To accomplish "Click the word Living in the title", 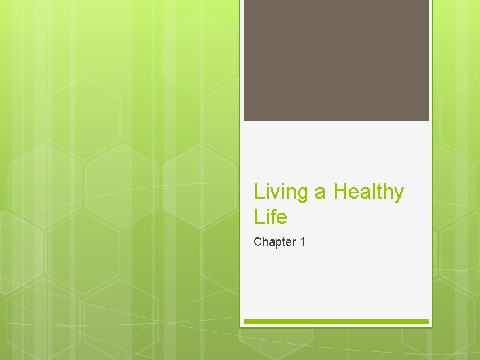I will coord(281,193).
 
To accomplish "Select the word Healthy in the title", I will coord(369,193).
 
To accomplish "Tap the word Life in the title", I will coord(270,217).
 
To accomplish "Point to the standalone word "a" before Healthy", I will coord(321,193).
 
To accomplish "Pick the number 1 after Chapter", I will coord(303,242).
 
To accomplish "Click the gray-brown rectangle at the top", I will coord(336,60).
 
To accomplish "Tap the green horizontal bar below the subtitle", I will coord(336,321).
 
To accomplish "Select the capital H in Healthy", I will coord(340,192).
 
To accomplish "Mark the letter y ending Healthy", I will coord(399,195).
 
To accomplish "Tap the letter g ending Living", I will coord(303,195).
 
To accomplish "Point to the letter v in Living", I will coord(276,193).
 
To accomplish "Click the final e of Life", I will coord(282,218).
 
